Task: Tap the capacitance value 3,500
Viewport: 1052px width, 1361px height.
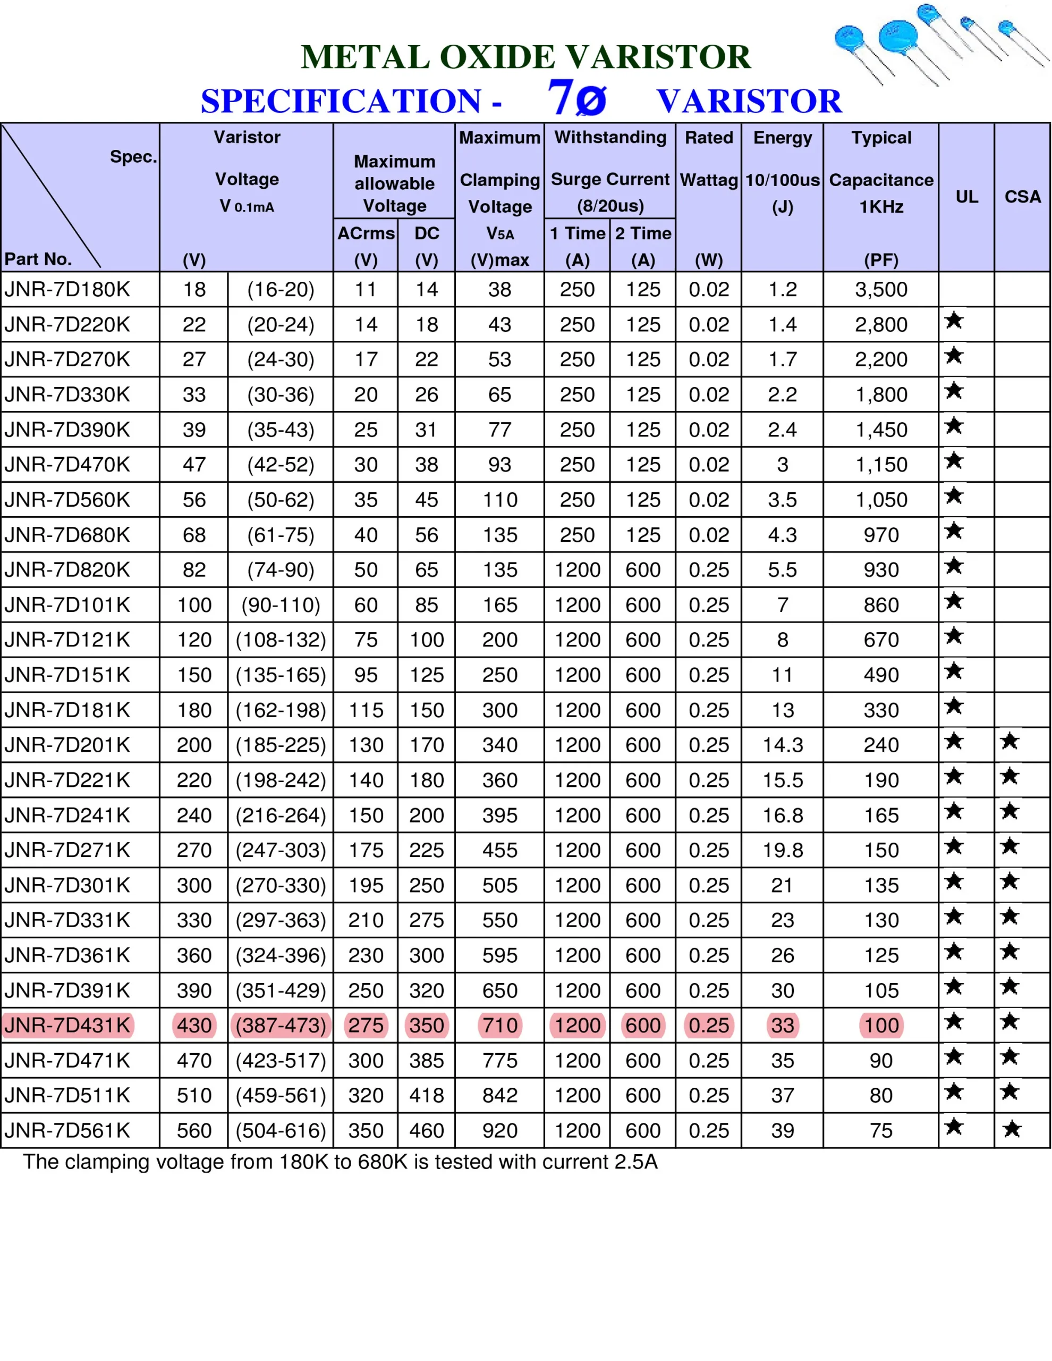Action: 881,289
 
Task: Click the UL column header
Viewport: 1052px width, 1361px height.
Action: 966,197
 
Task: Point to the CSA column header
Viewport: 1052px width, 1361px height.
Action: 1022,197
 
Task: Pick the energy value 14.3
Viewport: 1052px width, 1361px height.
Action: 782,745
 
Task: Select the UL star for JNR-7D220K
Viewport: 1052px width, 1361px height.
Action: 954,321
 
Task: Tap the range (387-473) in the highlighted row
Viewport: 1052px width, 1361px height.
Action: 281,1025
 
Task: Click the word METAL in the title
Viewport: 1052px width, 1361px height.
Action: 365,57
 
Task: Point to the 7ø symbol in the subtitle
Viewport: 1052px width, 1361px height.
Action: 576,98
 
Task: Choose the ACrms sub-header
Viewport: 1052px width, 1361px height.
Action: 366,233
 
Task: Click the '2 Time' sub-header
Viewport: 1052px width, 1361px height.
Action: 643,233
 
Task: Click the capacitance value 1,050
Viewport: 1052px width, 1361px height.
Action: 881,500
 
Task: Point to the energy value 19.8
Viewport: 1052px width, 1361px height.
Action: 782,850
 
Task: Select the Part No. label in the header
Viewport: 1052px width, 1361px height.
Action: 38,259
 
